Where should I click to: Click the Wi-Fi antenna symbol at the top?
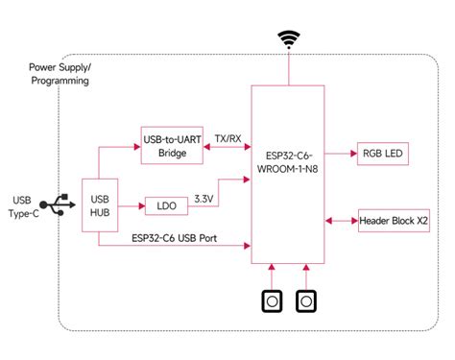click(x=288, y=40)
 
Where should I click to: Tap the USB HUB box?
click(x=99, y=205)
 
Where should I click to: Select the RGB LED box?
click(x=383, y=154)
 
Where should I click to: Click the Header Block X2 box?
click(x=394, y=221)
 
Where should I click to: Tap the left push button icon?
click(x=274, y=301)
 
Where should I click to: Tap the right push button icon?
click(x=306, y=301)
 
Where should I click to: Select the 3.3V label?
click(x=205, y=198)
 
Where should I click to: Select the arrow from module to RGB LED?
click(x=339, y=154)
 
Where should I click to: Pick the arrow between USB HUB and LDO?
click(x=132, y=205)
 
